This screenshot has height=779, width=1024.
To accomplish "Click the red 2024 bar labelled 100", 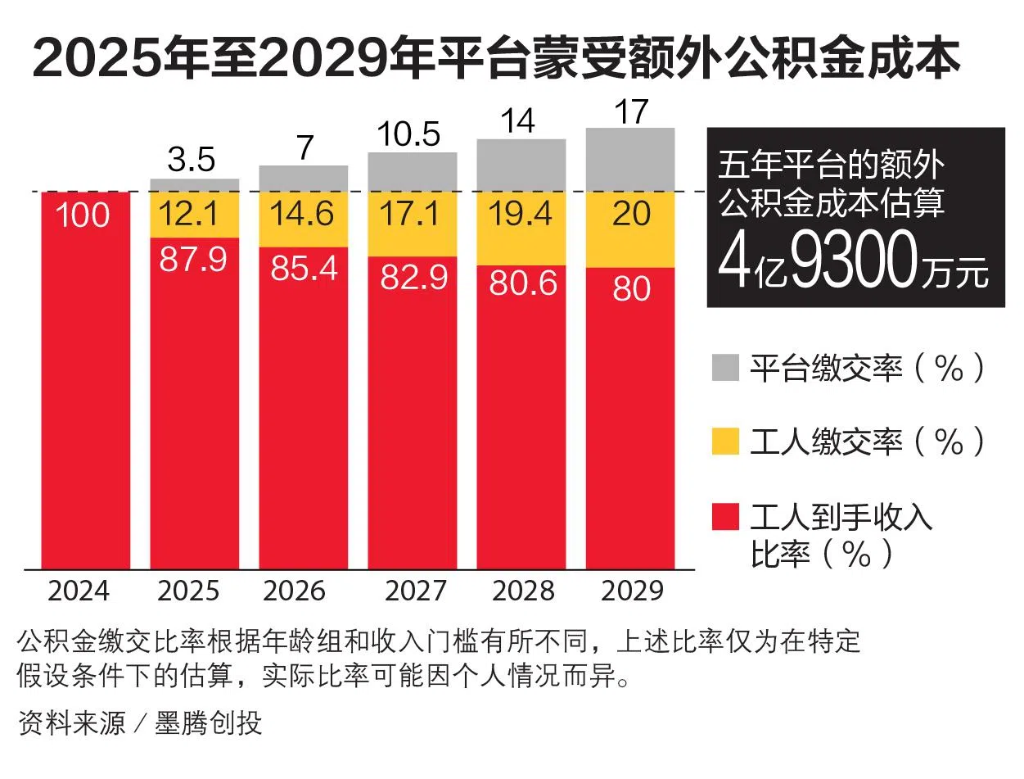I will (x=86, y=381).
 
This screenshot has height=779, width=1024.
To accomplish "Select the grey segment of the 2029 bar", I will (x=630, y=160).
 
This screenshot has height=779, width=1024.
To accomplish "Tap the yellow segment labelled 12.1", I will (x=195, y=215).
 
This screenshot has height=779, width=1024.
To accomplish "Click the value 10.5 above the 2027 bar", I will (x=411, y=134).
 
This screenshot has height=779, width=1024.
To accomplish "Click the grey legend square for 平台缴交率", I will (x=725, y=368).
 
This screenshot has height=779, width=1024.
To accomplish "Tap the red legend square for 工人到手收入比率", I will (x=725, y=517).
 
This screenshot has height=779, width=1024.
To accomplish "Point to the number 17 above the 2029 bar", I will (x=630, y=112).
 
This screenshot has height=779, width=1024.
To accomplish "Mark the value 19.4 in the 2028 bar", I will (x=521, y=215).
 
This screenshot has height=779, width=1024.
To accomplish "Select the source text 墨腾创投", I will (x=209, y=723).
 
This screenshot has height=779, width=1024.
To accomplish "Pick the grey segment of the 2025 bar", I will (x=195, y=185).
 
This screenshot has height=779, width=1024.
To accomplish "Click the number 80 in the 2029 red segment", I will (x=630, y=289).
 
